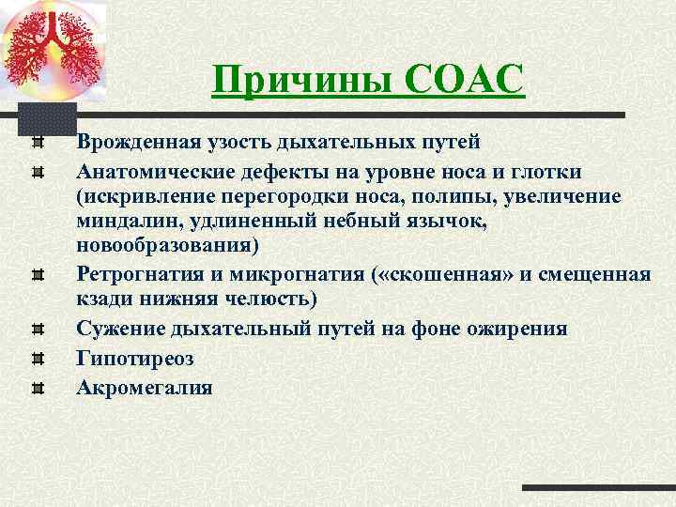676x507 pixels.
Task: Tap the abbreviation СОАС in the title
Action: click(x=464, y=79)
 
